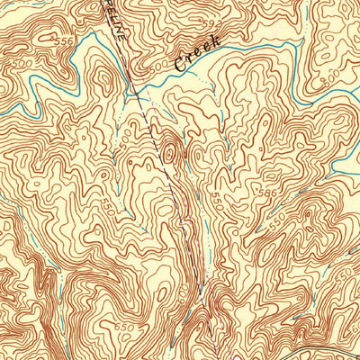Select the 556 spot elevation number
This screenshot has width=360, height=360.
(x=64, y=42)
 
